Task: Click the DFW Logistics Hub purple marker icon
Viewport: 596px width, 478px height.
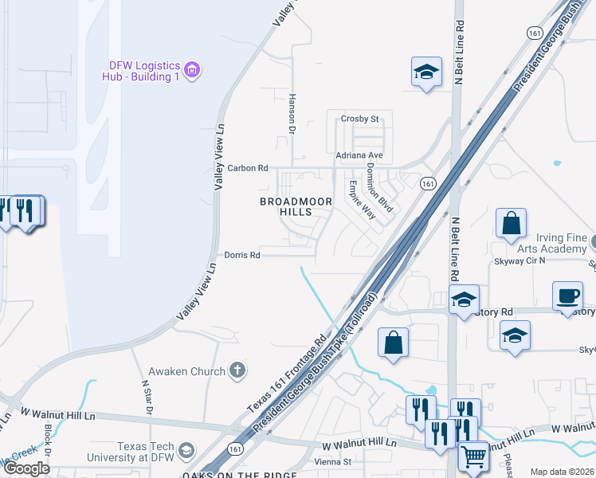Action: point(191,70)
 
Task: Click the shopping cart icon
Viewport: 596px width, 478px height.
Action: point(473,456)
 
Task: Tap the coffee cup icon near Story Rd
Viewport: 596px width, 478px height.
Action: point(567,296)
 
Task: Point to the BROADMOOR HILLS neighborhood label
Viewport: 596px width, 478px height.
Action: point(296,207)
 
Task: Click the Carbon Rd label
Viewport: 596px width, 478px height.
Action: point(248,168)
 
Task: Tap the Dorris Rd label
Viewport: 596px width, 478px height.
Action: point(242,256)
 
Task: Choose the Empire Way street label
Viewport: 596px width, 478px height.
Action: point(361,200)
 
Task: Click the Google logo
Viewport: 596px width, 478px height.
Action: point(26,468)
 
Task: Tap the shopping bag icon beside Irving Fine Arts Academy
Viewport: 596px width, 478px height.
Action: point(511,224)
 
